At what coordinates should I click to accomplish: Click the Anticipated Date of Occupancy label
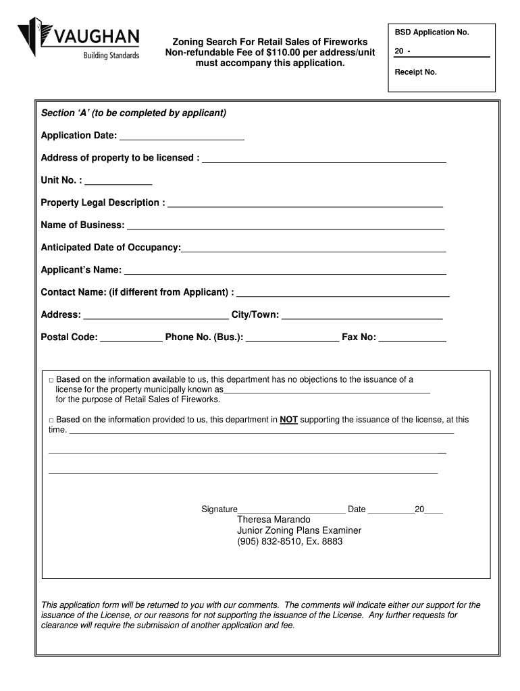(x=110, y=248)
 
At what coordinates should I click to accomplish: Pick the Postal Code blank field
(x=131, y=339)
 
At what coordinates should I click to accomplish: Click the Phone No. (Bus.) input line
(x=292, y=339)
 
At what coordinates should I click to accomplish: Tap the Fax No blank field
(x=412, y=339)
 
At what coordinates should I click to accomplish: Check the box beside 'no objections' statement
(x=51, y=380)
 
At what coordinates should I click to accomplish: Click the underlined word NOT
(x=289, y=420)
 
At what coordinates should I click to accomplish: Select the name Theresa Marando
(x=274, y=520)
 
